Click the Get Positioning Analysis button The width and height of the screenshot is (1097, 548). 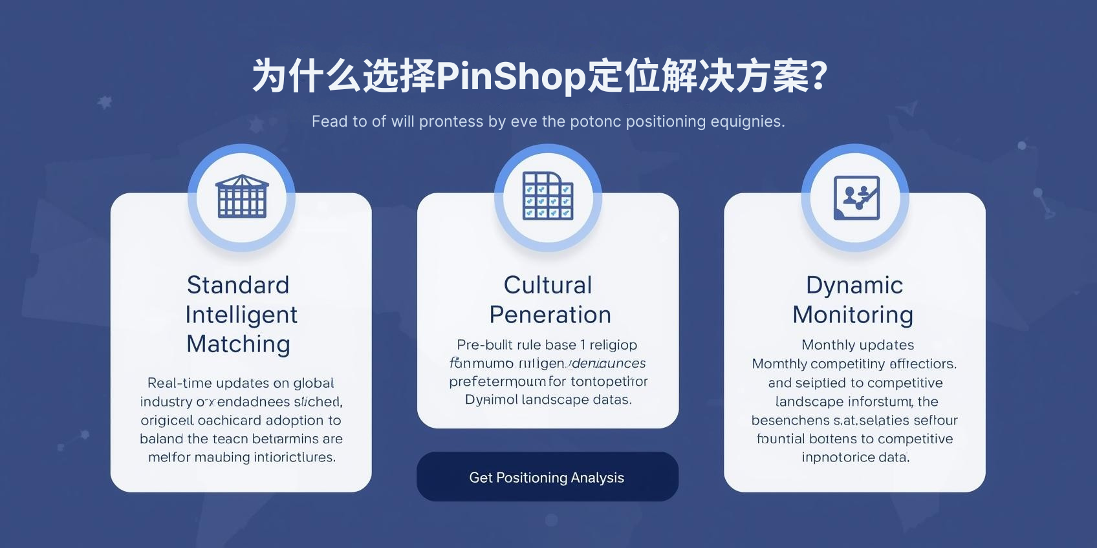pyautogui.click(x=547, y=477)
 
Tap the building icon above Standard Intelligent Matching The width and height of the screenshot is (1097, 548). pyautogui.click(x=241, y=196)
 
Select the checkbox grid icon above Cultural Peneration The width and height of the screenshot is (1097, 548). pyautogui.click(x=548, y=196)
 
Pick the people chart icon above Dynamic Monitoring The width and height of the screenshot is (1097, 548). pyautogui.click(x=856, y=197)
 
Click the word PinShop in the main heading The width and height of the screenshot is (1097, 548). pyautogui.click(x=511, y=76)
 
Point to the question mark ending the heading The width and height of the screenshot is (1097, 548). pyautogui.click(x=819, y=76)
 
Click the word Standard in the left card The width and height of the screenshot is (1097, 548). pyautogui.click(x=238, y=285)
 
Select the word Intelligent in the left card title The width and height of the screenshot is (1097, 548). pyautogui.click(x=241, y=315)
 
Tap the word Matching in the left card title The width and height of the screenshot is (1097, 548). pyautogui.click(x=238, y=344)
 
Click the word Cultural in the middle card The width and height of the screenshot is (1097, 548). pyautogui.click(x=548, y=285)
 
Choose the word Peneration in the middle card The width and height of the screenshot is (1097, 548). pyautogui.click(x=550, y=315)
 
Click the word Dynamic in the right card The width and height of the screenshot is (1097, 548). pyautogui.click(x=854, y=285)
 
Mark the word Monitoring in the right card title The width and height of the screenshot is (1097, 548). pyautogui.click(x=853, y=315)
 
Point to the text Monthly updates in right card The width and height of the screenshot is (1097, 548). pyautogui.click(x=858, y=345)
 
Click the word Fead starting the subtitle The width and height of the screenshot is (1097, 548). pyautogui.click(x=329, y=121)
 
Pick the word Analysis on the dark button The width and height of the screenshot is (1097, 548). pyautogui.click(x=598, y=478)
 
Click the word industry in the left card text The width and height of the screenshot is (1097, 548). pyautogui.click(x=166, y=401)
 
